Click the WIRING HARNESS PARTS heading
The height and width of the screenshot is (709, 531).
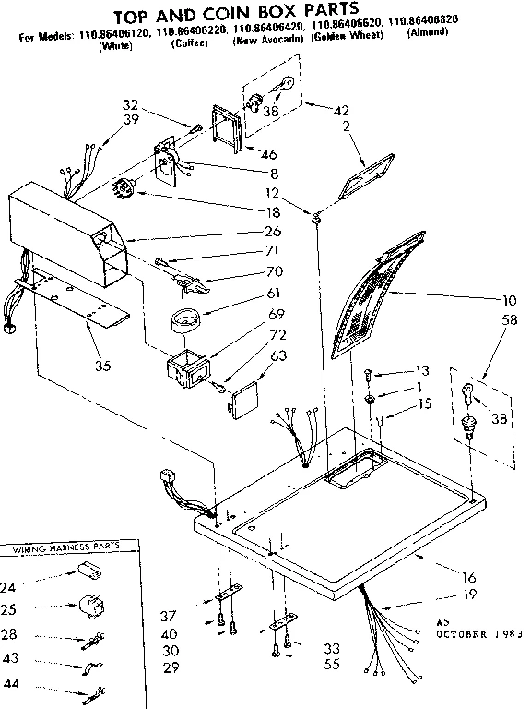point(65,549)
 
